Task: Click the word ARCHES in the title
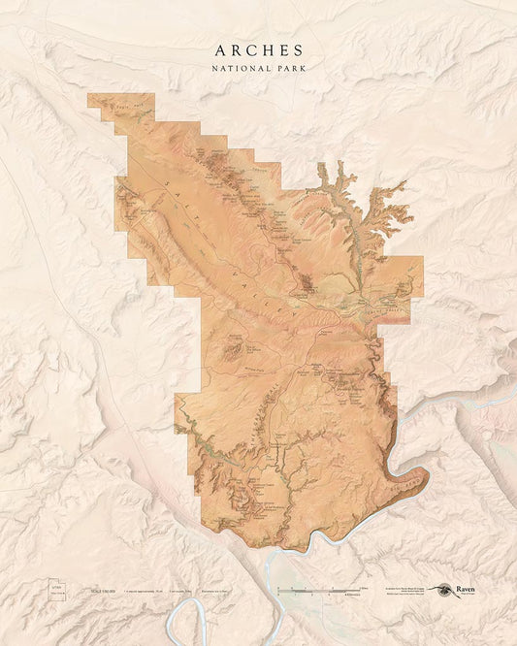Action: point(258,50)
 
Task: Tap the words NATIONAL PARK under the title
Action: point(258,69)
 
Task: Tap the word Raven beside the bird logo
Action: point(467,588)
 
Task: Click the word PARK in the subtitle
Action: point(285,69)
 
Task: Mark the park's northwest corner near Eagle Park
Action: point(89,95)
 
